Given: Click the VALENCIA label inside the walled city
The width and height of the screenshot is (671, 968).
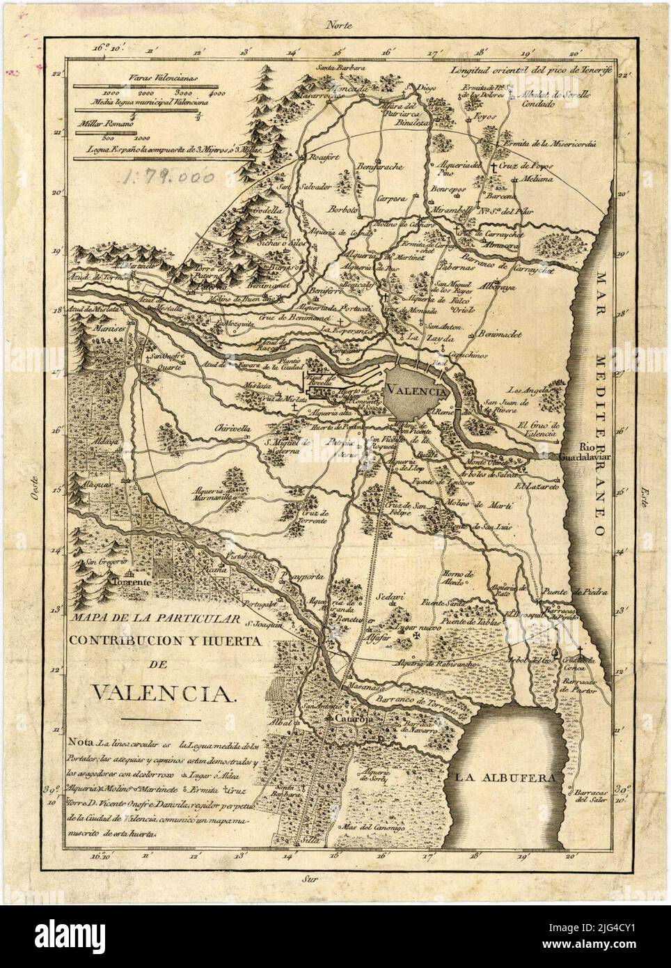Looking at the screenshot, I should (x=416, y=391).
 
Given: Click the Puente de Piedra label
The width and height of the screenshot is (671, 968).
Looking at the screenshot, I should (x=585, y=591).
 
